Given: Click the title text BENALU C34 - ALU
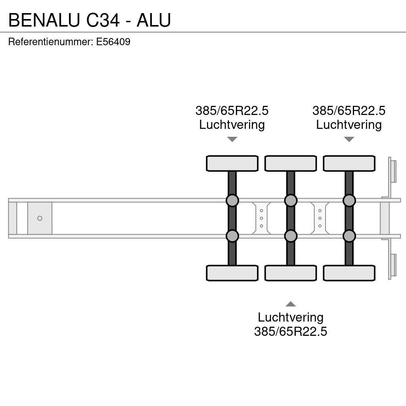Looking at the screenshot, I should pyautogui.click(x=90, y=20).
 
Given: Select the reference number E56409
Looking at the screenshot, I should pyautogui.click(x=113, y=42).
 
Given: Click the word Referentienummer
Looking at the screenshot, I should pyautogui.click(x=50, y=42).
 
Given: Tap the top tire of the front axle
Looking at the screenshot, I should pyautogui.click(x=232, y=163).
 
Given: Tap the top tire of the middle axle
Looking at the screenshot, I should pyautogui.click(x=291, y=163).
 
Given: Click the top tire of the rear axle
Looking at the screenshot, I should pyautogui.click(x=349, y=163).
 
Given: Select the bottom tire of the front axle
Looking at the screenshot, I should pyautogui.click(x=232, y=273).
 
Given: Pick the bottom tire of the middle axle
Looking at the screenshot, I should pyautogui.click(x=291, y=273).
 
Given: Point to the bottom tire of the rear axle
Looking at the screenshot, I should pyautogui.click(x=349, y=273).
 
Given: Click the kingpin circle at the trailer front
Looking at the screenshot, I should pyautogui.click(x=40, y=218).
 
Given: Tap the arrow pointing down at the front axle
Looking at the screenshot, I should pyautogui.click(x=232, y=139).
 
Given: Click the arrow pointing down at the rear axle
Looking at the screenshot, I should pyautogui.click(x=349, y=139).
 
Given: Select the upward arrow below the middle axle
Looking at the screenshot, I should pyautogui.click(x=291, y=304).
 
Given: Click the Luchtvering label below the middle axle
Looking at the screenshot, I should pyautogui.click(x=291, y=317).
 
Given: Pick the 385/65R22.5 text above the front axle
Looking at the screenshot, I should pyautogui.click(x=232, y=111).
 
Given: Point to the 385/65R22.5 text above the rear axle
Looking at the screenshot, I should pyautogui.click(x=349, y=111).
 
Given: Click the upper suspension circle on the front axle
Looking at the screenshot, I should pyautogui.click(x=232, y=201).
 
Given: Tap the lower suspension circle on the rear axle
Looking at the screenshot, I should pyautogui.click(x=349, y=236).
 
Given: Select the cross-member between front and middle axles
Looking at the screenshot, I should pyautogui.click(x=261, y=218).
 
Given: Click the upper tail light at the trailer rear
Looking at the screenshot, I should pyautogui.click(x=393, y=170).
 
